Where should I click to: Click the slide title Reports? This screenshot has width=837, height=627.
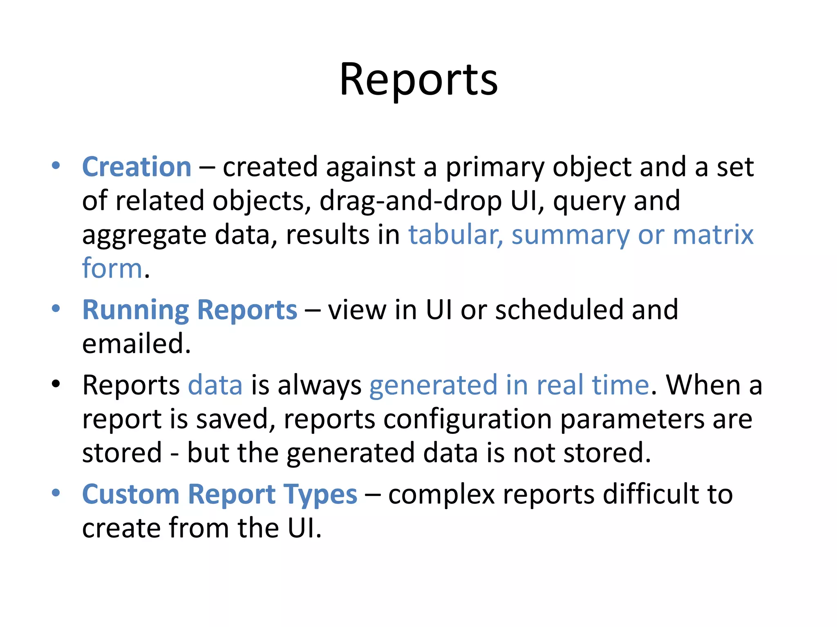coord(418,80)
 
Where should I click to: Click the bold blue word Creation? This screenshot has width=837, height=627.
coord(137,167)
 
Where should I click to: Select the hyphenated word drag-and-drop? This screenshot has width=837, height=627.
coord(410,201)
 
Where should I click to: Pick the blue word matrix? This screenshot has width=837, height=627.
coord(713,235)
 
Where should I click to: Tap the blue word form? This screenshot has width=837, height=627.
coord(112,269)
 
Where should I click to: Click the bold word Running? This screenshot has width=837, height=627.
coord(135,310)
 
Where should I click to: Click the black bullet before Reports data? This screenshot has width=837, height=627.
coord(56,384)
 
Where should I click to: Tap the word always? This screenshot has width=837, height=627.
coord(319,386)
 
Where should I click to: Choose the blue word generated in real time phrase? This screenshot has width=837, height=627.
coord(509,386)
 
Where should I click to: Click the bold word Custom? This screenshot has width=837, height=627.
coord(131,494)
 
